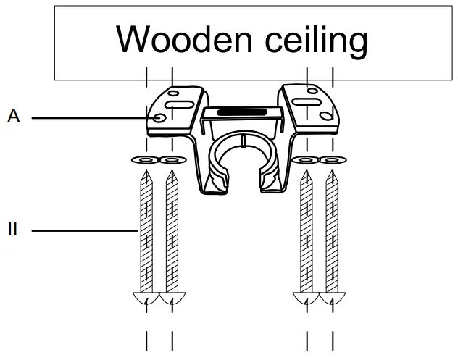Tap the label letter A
coord(13,116)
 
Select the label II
coord(12,230)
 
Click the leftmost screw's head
coord(147,298)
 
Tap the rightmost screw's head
coord(333,298)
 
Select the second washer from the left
coord(172,159)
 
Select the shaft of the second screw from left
coord(172,232)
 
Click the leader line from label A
coord(87,117)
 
